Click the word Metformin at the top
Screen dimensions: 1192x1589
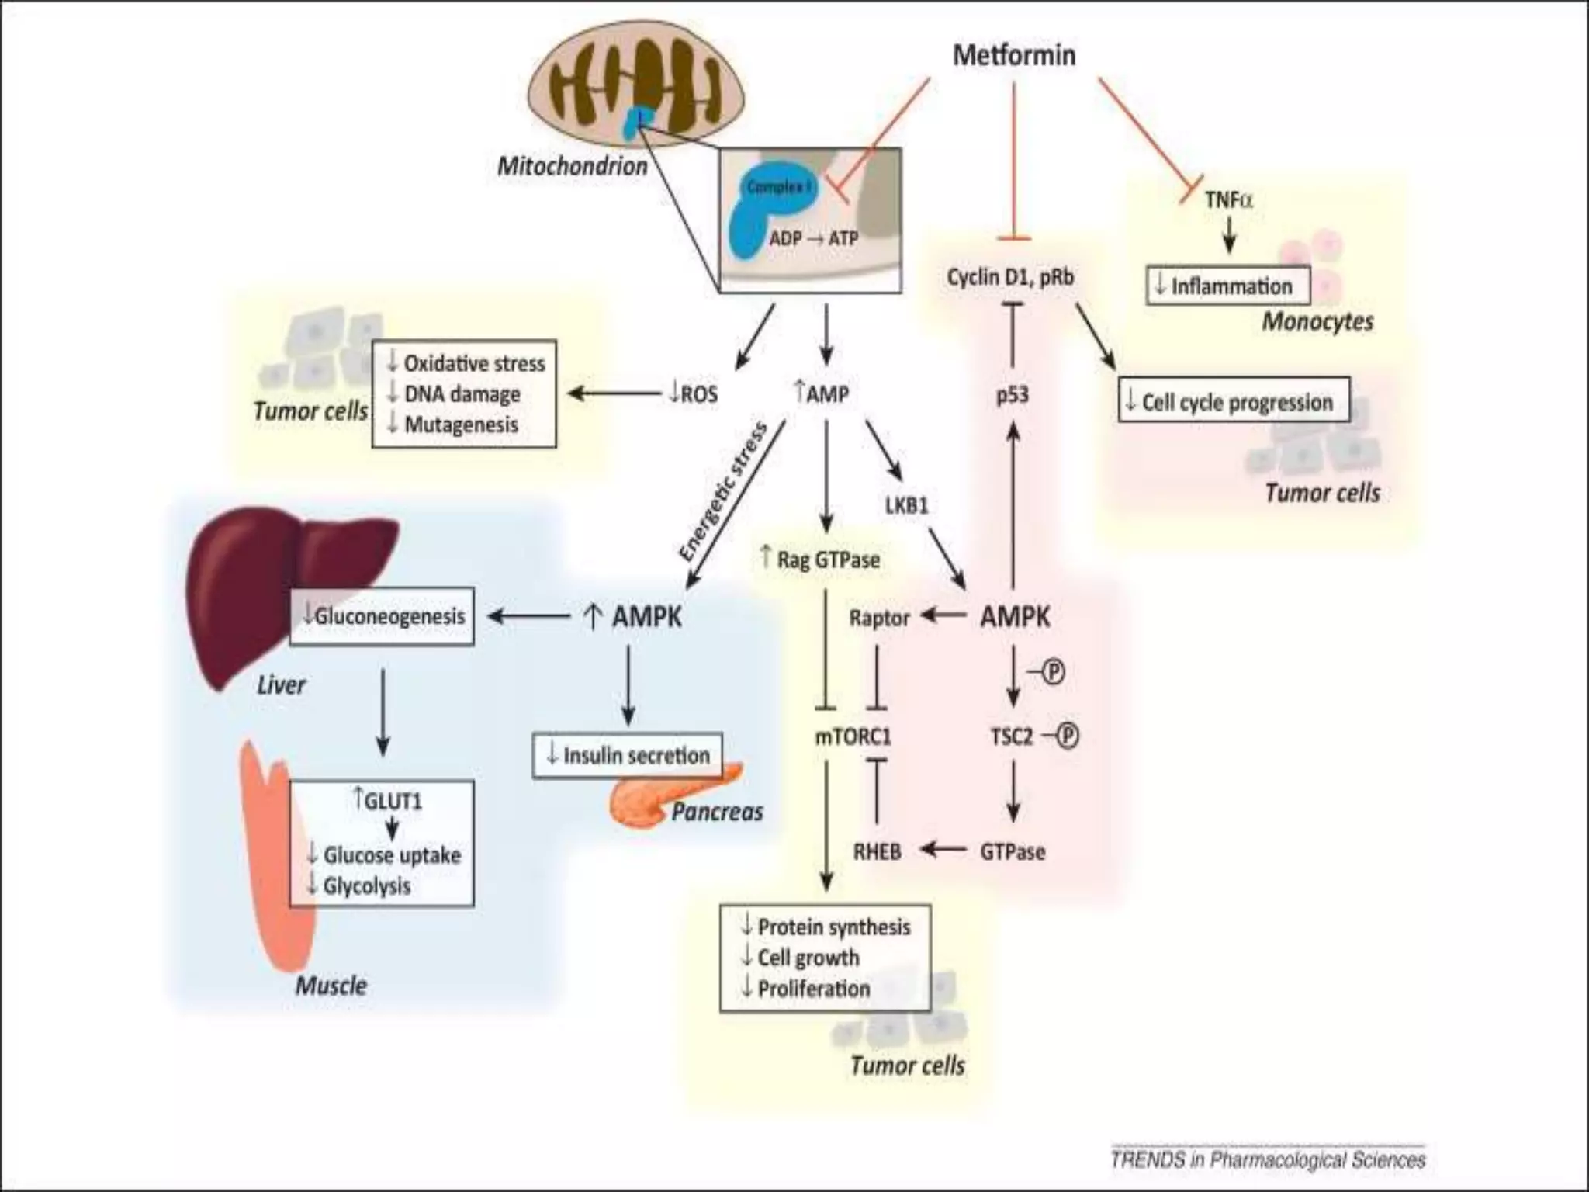click(1013, 55)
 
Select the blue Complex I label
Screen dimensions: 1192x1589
click(778, 187)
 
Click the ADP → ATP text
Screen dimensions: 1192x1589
click(813, 238)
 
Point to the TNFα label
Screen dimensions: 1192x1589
click(1227, 200)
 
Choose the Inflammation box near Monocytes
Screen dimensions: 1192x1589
click(1227, 286)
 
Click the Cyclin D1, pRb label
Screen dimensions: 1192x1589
click(1010, 277)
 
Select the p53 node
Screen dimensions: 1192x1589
click(1012, 395)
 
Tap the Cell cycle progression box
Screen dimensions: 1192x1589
click(1234, 401)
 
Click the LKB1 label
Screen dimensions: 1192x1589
click(906, 506)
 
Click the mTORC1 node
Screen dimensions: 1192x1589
click(853, 736)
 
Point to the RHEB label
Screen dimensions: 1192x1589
click(877, 851)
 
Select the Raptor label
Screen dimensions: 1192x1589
click(878, 618)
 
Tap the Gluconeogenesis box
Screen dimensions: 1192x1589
click(382, 616)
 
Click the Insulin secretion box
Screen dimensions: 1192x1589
click(627, 754)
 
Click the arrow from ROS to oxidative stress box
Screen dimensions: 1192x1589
click(613, 393)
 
